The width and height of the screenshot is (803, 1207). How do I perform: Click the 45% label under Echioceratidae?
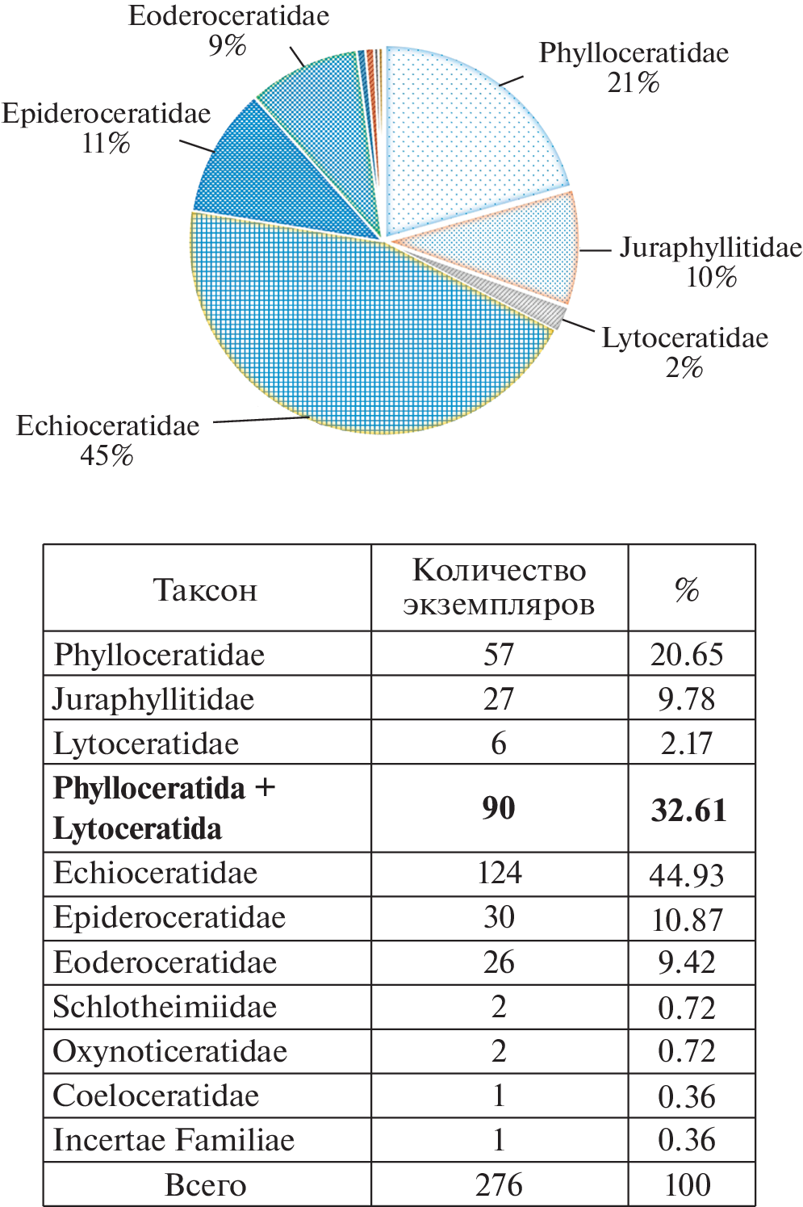(x=107, y=456)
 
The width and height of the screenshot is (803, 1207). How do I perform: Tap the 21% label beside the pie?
(x=634, y=82)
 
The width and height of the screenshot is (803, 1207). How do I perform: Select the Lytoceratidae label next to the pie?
(x=685, y=337)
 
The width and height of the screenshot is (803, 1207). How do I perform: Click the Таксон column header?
(x=206, y=589)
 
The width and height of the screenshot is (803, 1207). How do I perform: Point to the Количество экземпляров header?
(x=499, y=587)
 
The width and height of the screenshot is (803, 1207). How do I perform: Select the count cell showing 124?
(x=499, y=874)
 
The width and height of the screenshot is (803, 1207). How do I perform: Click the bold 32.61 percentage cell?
(x=688, y=810)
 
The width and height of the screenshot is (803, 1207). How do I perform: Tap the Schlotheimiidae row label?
(x=165, y=1008)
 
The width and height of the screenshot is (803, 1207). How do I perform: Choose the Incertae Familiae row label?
(x=174, y=1140)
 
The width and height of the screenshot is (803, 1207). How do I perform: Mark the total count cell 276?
(x=499, y=1185)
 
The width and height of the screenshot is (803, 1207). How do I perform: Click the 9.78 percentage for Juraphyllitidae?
(x=687, y=699)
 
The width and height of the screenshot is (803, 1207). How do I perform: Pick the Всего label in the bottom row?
(x=206, y=1185)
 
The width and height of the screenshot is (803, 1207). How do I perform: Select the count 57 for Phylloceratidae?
(x=499, y=654)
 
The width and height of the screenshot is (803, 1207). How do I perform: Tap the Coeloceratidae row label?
(x=156, y=1096)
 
